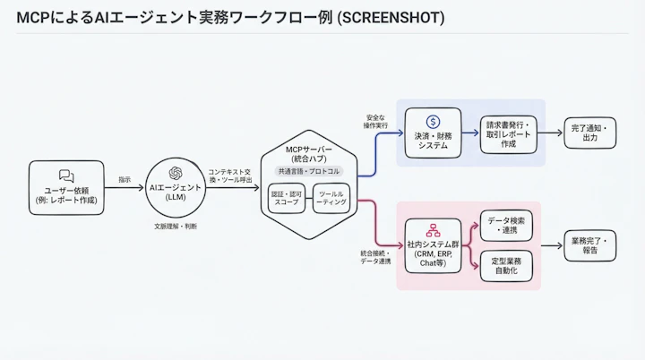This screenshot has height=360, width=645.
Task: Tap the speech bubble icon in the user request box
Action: click(x=65, y=176)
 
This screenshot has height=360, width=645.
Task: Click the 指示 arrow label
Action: click(x=125, y=180)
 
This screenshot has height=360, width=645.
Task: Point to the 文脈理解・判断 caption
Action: click(x=176, y=227)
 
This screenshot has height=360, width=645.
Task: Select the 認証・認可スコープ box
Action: click(x=288, y=197)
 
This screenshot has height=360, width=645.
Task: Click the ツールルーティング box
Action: click(x=331, y=197)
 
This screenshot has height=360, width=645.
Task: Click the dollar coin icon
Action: click(x=433, y=121)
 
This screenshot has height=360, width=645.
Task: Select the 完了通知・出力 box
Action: click(x=589, y=134)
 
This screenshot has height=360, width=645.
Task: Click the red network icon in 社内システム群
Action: click(x=433, y=230)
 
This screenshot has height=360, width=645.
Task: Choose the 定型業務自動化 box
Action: click(x=507, y=266)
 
